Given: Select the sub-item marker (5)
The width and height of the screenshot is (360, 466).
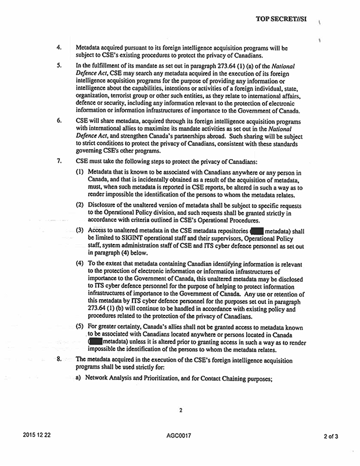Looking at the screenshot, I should pyautogui.click(x=80, y=325).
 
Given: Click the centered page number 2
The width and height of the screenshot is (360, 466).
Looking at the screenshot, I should pyautogui.click(x=181, y=411).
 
